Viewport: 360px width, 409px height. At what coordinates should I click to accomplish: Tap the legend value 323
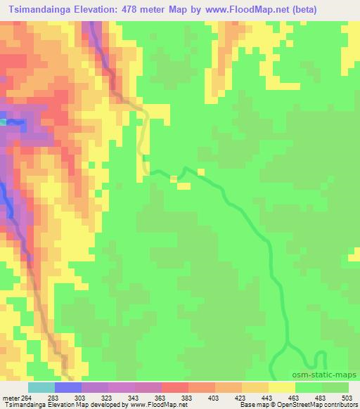point(108,397)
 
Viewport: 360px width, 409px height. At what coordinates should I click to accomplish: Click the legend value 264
point(27,397)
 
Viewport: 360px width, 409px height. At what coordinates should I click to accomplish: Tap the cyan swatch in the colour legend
point(41,387)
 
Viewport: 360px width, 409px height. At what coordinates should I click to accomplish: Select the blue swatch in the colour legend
point(67,387)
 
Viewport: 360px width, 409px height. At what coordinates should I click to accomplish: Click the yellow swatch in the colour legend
point(282,387)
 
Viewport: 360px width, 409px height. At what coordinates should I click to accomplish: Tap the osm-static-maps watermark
point(330,377)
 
